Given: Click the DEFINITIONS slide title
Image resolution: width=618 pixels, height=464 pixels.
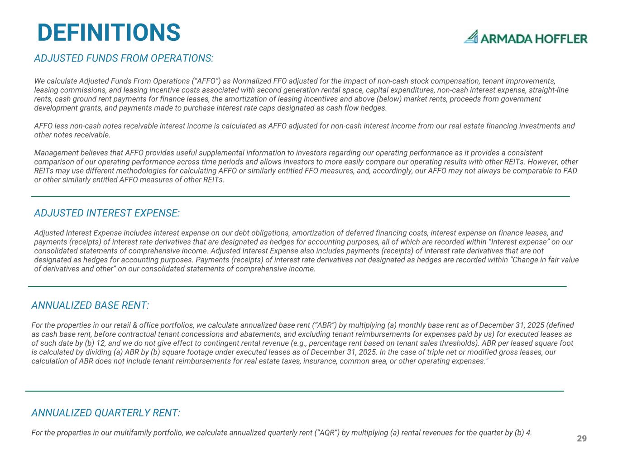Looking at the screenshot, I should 109,33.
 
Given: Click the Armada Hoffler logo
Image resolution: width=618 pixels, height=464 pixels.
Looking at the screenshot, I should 526,37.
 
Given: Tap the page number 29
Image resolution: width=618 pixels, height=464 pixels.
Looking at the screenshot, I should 581,439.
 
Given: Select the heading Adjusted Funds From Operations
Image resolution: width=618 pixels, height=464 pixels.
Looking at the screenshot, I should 124,58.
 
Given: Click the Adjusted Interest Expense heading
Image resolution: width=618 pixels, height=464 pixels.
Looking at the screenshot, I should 107,213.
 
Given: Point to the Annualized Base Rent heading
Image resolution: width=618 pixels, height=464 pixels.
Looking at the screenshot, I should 90,305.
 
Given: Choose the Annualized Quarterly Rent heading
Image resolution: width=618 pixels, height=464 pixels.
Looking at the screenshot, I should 105,413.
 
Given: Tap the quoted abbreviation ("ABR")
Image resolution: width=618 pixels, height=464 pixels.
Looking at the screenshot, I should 325,325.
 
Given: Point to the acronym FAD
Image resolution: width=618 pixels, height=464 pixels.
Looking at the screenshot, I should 570,171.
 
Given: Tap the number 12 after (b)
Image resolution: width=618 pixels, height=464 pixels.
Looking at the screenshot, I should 99,343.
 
